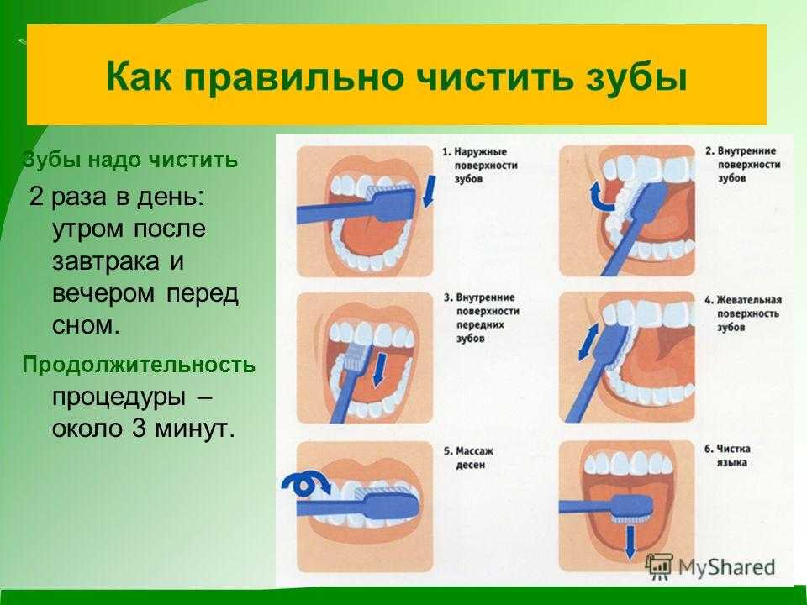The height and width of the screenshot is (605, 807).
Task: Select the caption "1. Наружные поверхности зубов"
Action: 479,166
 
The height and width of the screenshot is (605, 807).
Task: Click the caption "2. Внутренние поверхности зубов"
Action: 742,165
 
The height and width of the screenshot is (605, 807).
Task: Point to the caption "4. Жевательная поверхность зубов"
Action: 742,313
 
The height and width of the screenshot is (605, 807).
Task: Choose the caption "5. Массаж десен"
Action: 468,458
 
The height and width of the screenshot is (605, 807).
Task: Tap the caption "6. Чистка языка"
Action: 727,455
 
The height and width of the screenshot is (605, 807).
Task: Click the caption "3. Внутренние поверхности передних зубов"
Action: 481,318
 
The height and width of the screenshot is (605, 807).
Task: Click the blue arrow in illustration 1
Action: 429,192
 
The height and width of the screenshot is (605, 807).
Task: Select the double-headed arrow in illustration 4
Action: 588,342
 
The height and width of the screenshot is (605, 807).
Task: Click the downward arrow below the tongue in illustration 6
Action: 630,544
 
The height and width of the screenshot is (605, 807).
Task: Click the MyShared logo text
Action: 726,567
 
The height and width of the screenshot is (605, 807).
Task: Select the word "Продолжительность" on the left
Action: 139,365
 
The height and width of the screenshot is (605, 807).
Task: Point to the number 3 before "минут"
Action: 140,429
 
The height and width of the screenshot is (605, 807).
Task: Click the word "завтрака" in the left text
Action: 105,260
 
